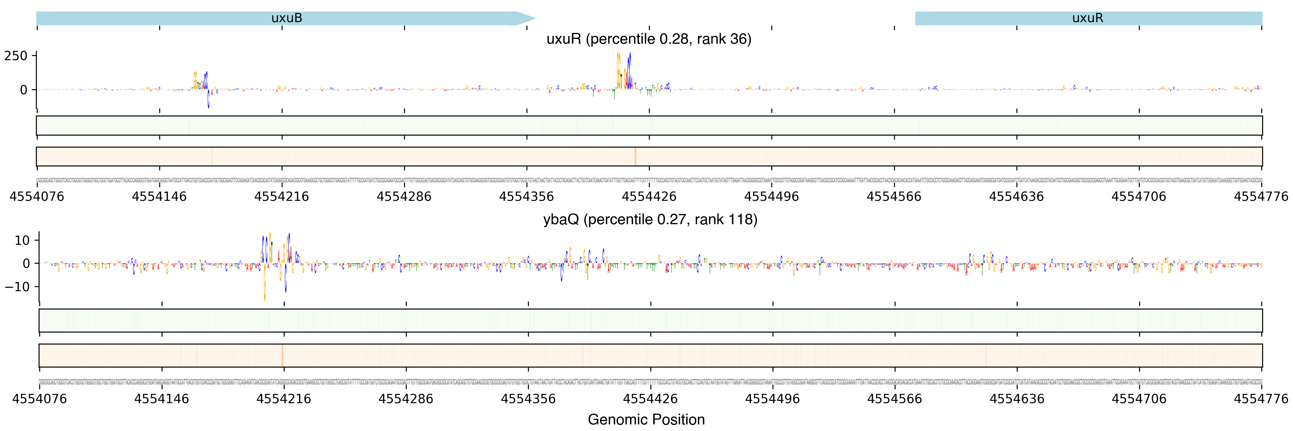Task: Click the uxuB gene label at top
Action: point(287,18)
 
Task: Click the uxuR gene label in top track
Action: point(1087,18)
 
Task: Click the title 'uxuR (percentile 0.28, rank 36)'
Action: point(649,39)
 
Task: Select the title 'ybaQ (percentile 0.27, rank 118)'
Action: point(650,220)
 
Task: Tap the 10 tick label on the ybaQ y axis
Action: point(22,240)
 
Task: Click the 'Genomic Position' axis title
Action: point(646,419)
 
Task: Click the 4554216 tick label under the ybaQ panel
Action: point(284,399)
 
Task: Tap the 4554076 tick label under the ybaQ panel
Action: point(40,399)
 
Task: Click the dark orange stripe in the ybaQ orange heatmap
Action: point(283,355)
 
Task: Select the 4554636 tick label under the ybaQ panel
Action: point(1016,399)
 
